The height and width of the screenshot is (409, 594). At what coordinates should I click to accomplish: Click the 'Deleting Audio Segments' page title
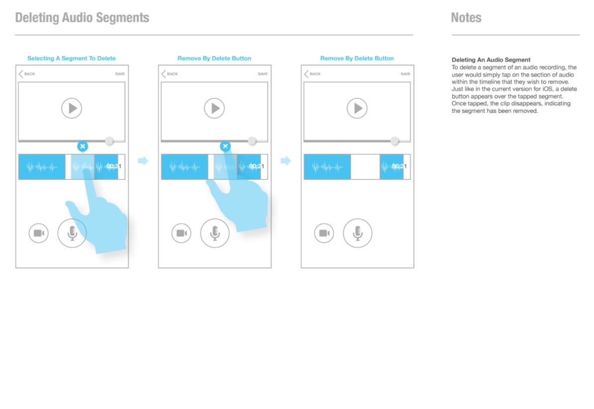tap(82, 17)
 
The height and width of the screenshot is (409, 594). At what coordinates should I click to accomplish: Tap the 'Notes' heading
tap(466, 17)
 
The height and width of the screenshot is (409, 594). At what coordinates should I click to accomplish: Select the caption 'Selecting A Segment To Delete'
tap(72, 58)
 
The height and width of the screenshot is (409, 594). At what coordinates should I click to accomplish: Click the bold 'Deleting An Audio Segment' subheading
tap(491, 60)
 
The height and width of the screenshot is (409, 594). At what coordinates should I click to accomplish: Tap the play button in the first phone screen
tap(72, 108)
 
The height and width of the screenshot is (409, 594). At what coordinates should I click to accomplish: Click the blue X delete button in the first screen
tap(83, 146)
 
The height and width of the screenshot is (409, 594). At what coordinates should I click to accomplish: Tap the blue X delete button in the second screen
tap(225, 146)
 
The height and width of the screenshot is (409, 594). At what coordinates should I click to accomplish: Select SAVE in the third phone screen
tap(405, 74)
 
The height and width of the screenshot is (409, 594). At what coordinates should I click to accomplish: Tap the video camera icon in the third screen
tap(324, 233)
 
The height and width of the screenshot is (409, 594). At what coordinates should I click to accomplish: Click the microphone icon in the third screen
tap(358, 233)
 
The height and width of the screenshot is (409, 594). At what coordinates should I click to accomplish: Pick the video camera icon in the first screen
tap(39, 233)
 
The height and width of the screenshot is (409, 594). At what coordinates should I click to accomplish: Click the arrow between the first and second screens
tap(143, 161)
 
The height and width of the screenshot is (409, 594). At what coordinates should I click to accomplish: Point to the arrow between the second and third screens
tap(286, 161)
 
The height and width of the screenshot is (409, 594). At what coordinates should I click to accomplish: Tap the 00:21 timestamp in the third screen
tap(399, 166)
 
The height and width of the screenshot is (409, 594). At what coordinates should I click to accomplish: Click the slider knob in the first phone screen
tap(109, 141)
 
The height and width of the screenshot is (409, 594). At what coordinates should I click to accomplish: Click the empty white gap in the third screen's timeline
tap(365, 167)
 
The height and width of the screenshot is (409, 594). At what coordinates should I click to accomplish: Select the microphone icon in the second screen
tap(215, 233)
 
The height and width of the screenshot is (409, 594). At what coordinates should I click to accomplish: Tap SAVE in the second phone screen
tap(263, 74)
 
